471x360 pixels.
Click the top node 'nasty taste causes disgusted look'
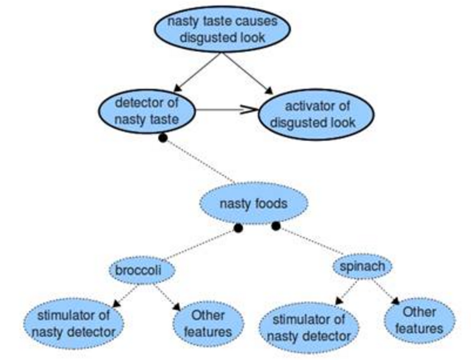coord(222,29)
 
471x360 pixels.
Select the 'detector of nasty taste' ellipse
coord(147,111)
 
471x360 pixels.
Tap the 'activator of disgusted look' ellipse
coord(317,114)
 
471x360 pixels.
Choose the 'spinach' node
coord(362,267)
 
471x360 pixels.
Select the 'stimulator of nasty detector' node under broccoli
coord(74,323)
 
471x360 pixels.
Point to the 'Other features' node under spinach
coord(419,320)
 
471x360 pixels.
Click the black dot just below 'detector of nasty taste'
coord(162,138)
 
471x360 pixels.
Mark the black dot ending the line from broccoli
coord(238,228)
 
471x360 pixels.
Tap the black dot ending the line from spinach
coord(276,226)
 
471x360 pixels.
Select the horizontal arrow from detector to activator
coord(225,110)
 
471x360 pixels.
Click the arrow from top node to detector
coord(197,71)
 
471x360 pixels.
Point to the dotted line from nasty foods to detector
coord(200,161)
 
